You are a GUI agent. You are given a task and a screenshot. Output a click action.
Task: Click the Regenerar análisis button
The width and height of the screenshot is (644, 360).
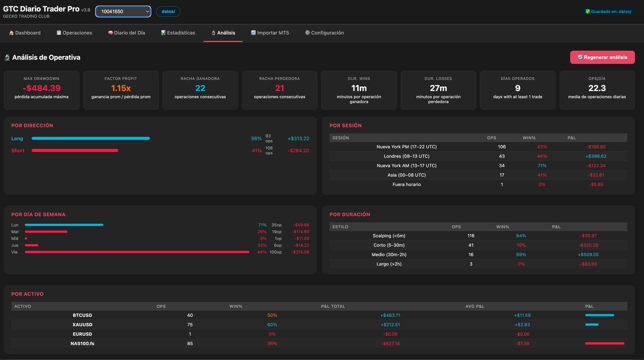602,57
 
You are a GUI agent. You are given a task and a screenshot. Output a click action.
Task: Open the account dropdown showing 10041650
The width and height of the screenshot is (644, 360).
123,12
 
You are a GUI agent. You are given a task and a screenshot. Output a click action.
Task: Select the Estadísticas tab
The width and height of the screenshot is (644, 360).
178,33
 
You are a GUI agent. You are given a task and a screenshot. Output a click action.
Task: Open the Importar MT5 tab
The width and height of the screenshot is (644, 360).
270,33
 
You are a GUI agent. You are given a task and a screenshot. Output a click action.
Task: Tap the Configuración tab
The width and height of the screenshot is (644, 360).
324,33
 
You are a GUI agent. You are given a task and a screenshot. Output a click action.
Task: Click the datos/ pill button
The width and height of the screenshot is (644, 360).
168,12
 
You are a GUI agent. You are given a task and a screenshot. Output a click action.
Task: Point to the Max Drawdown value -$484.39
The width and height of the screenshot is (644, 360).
42,88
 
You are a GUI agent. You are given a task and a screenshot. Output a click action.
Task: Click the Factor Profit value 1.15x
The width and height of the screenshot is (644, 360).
121,88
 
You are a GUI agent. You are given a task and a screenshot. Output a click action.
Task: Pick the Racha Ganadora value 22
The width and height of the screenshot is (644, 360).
200,88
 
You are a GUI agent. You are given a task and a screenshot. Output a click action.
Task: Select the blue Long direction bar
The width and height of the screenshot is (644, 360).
91,138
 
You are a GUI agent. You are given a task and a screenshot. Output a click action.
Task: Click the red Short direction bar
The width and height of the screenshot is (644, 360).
75,150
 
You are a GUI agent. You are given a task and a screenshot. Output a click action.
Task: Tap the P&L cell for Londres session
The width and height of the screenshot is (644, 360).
596,156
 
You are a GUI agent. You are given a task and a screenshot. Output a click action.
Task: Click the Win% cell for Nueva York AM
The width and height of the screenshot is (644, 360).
542,166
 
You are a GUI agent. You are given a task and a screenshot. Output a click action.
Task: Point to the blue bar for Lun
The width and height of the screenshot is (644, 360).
64,225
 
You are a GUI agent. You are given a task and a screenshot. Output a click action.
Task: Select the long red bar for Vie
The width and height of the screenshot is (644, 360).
137,252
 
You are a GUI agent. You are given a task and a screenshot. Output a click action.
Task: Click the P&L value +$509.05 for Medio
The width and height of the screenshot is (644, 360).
588,254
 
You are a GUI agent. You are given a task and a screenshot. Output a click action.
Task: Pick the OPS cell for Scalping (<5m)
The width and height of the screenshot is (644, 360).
471,236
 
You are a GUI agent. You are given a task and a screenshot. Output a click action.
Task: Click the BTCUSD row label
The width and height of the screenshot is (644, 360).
82,315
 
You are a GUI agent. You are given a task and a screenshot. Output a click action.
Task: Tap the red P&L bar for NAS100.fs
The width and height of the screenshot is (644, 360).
605,343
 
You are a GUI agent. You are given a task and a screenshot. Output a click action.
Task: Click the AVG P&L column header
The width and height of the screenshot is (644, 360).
475,306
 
